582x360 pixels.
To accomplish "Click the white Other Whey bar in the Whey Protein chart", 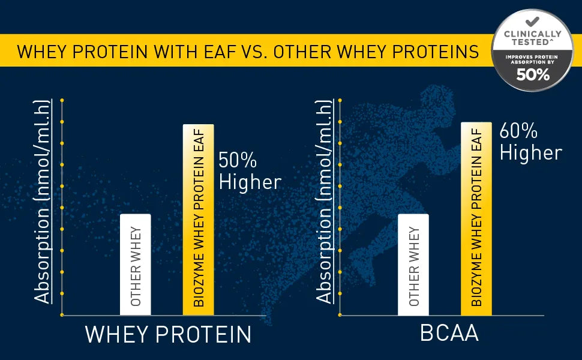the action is [x=136, y=265].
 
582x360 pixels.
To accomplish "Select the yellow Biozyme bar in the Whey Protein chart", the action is [x=198, y=220].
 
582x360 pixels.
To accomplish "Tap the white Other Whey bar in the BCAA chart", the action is [x=413, y=265].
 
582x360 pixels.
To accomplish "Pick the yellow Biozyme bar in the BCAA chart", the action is [x=476, y=218].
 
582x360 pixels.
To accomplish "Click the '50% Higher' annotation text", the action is [x=250, y=171].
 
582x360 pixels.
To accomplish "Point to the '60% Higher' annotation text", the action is [x=531, y=142].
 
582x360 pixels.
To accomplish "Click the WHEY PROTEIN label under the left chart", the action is [x=168, y=334].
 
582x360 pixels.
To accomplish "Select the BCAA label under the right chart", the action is [x=449, y=333].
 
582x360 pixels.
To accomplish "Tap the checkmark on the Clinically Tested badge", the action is [x=532, y=22].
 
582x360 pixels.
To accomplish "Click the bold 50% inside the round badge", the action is [x=533, y=75].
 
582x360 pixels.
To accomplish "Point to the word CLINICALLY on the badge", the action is [x=533, y=34].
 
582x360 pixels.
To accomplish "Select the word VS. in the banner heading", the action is [x=255, y=52].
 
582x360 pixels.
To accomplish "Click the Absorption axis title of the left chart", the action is [x=42, y=202].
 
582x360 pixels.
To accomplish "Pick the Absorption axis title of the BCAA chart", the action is [x=323, y=202].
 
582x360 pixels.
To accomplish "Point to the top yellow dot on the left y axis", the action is [x=62, y=100].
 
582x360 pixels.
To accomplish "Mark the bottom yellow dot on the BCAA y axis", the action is [x=340, y=315].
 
